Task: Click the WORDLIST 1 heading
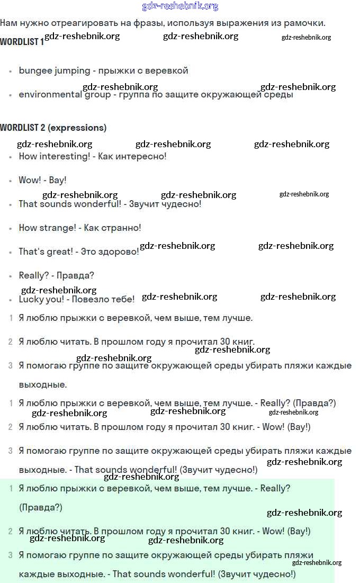pos(22,41)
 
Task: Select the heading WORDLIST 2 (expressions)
pos(53,128)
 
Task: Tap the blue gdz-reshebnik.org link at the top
pos(180,6)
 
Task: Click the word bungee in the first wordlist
pos(35,70)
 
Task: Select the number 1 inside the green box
pos(11,488)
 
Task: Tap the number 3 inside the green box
pos(11,555)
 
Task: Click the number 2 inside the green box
pos(11,531)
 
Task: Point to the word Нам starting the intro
pos(9,23)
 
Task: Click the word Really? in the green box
pos(275,488)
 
